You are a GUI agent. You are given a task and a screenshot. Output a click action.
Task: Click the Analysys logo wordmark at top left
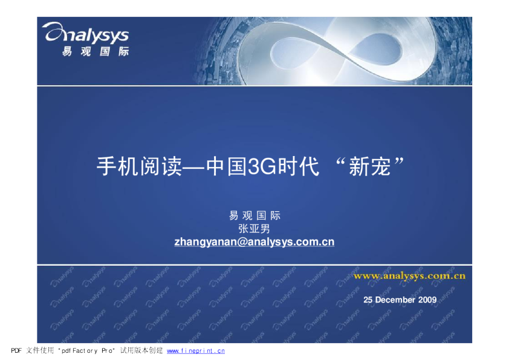coord(86,33)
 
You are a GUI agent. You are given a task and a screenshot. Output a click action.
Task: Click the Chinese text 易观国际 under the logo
coord(96,51)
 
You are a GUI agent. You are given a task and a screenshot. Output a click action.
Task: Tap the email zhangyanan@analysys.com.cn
coord(254,242)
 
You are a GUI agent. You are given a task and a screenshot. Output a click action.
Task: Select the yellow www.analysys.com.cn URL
coord(409,276)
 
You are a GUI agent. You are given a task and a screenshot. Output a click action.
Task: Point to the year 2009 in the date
coord(427,299)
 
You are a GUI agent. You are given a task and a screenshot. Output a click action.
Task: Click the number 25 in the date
coord(368,299)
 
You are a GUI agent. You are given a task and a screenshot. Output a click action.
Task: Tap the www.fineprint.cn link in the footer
coord(196,351)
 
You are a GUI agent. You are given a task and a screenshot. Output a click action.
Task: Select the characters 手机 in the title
coord(118,166)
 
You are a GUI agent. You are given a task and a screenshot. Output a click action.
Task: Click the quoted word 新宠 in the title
coord(369,166)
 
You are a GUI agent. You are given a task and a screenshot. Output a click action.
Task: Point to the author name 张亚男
coord(254,229)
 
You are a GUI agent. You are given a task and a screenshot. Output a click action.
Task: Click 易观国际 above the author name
coord(254,215)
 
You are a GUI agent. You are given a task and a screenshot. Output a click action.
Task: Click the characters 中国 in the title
coord(226,166)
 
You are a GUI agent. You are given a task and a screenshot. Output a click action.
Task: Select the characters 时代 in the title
coord(298,166)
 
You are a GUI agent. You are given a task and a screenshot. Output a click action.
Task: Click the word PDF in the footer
coord(16,350)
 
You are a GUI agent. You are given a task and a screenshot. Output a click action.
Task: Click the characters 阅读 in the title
coord(161,166)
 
